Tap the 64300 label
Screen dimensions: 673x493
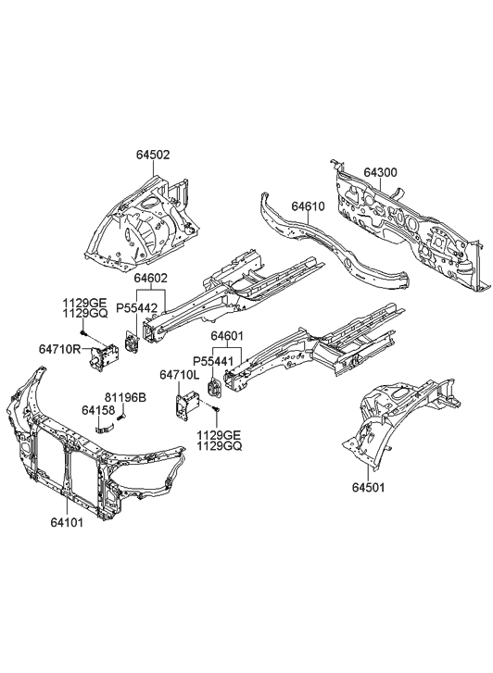pos(381,173)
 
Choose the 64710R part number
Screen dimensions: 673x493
pos(59,349)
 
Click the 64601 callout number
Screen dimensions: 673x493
pos(228,336)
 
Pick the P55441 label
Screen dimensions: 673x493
pos(212,361)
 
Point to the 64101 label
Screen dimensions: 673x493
pos(68,520)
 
